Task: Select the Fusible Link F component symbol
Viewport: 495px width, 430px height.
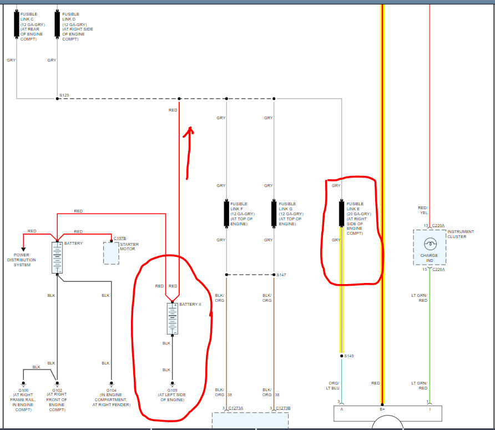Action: (226, 214)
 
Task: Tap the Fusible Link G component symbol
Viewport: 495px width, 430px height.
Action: (274, 214)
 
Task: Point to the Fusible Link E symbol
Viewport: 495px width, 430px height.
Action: (341, 214)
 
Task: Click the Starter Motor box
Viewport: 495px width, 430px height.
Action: (111, 253)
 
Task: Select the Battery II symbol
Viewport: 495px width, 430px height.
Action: (172, 318)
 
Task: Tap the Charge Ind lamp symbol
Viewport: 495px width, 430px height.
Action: (429, 244)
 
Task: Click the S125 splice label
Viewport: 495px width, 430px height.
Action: (64, 95)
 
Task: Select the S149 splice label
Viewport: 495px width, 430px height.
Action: (349, 356)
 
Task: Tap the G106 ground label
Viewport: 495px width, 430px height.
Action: (23, 390)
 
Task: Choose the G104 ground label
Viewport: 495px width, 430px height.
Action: (111, 390)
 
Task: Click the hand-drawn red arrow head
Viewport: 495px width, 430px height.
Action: (190, 131)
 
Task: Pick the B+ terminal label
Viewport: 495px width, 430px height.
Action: (382, 409)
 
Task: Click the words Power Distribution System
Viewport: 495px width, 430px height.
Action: (21, 260)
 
